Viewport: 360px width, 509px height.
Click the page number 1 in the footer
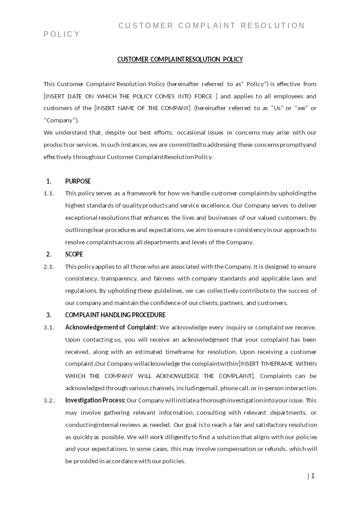point(312,476)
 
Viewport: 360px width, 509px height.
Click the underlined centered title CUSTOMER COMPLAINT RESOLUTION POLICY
point(180,59)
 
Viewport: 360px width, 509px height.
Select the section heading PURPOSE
point(78,181)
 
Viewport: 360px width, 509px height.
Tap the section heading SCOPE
point(74,254)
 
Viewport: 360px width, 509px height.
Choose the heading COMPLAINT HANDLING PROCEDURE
point(115,315)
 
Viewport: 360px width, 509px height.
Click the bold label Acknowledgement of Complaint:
point(112,327)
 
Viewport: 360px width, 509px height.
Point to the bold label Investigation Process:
point(95,400)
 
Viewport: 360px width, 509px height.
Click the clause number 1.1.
point(49,194)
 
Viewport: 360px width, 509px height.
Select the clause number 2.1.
point(49,267)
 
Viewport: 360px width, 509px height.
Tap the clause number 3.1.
point(49,327)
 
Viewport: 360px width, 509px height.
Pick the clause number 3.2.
point(49,400)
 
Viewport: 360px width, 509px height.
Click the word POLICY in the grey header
point(62,34)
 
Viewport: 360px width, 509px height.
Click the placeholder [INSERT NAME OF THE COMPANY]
point(142,108)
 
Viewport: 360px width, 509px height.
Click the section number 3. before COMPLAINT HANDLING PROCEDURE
point(49,315)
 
